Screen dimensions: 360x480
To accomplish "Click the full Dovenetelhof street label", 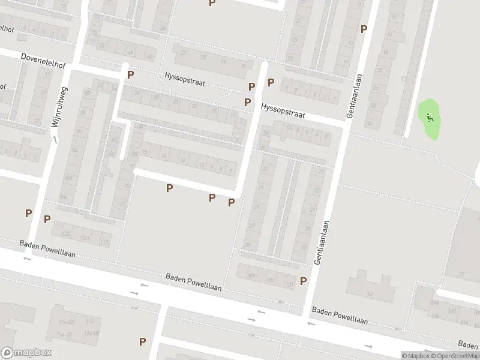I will pos(43,62).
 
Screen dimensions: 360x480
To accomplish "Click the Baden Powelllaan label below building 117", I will pos(47,249).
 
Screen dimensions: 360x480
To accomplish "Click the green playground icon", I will pos(429,116).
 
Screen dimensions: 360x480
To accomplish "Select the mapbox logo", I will pos(26,353).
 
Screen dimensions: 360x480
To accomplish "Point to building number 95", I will pos(370,294).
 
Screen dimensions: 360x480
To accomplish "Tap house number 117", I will pos(104,242).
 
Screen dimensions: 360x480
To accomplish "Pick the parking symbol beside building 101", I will pos(304,280).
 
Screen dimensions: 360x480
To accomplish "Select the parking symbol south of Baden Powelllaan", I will pos(142,341).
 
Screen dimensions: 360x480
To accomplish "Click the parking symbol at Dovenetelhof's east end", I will pos(130,75).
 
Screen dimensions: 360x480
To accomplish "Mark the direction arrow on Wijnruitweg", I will pos(55,139).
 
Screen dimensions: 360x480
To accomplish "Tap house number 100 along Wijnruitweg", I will pos(67,179).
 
